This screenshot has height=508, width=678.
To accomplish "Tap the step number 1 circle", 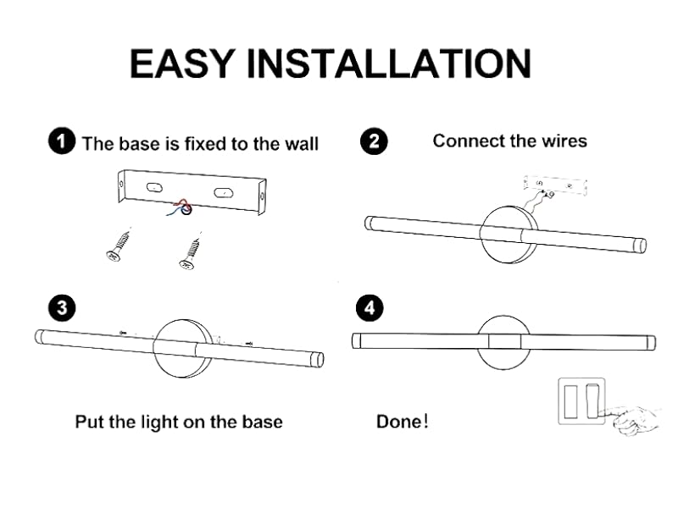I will (61, 141).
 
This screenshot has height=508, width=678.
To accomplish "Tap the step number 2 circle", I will (375, 141).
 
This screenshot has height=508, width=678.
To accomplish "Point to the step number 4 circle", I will (370, 309).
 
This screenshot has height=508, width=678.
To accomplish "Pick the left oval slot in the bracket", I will (153, 186).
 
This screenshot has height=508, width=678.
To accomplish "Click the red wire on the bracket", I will (180, 202).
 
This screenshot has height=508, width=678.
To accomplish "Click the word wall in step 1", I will (299, 144).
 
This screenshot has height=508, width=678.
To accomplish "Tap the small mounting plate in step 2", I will (555, 184).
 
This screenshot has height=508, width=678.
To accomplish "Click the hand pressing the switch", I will (636, 417).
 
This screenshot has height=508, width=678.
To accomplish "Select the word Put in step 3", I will (90, 421).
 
